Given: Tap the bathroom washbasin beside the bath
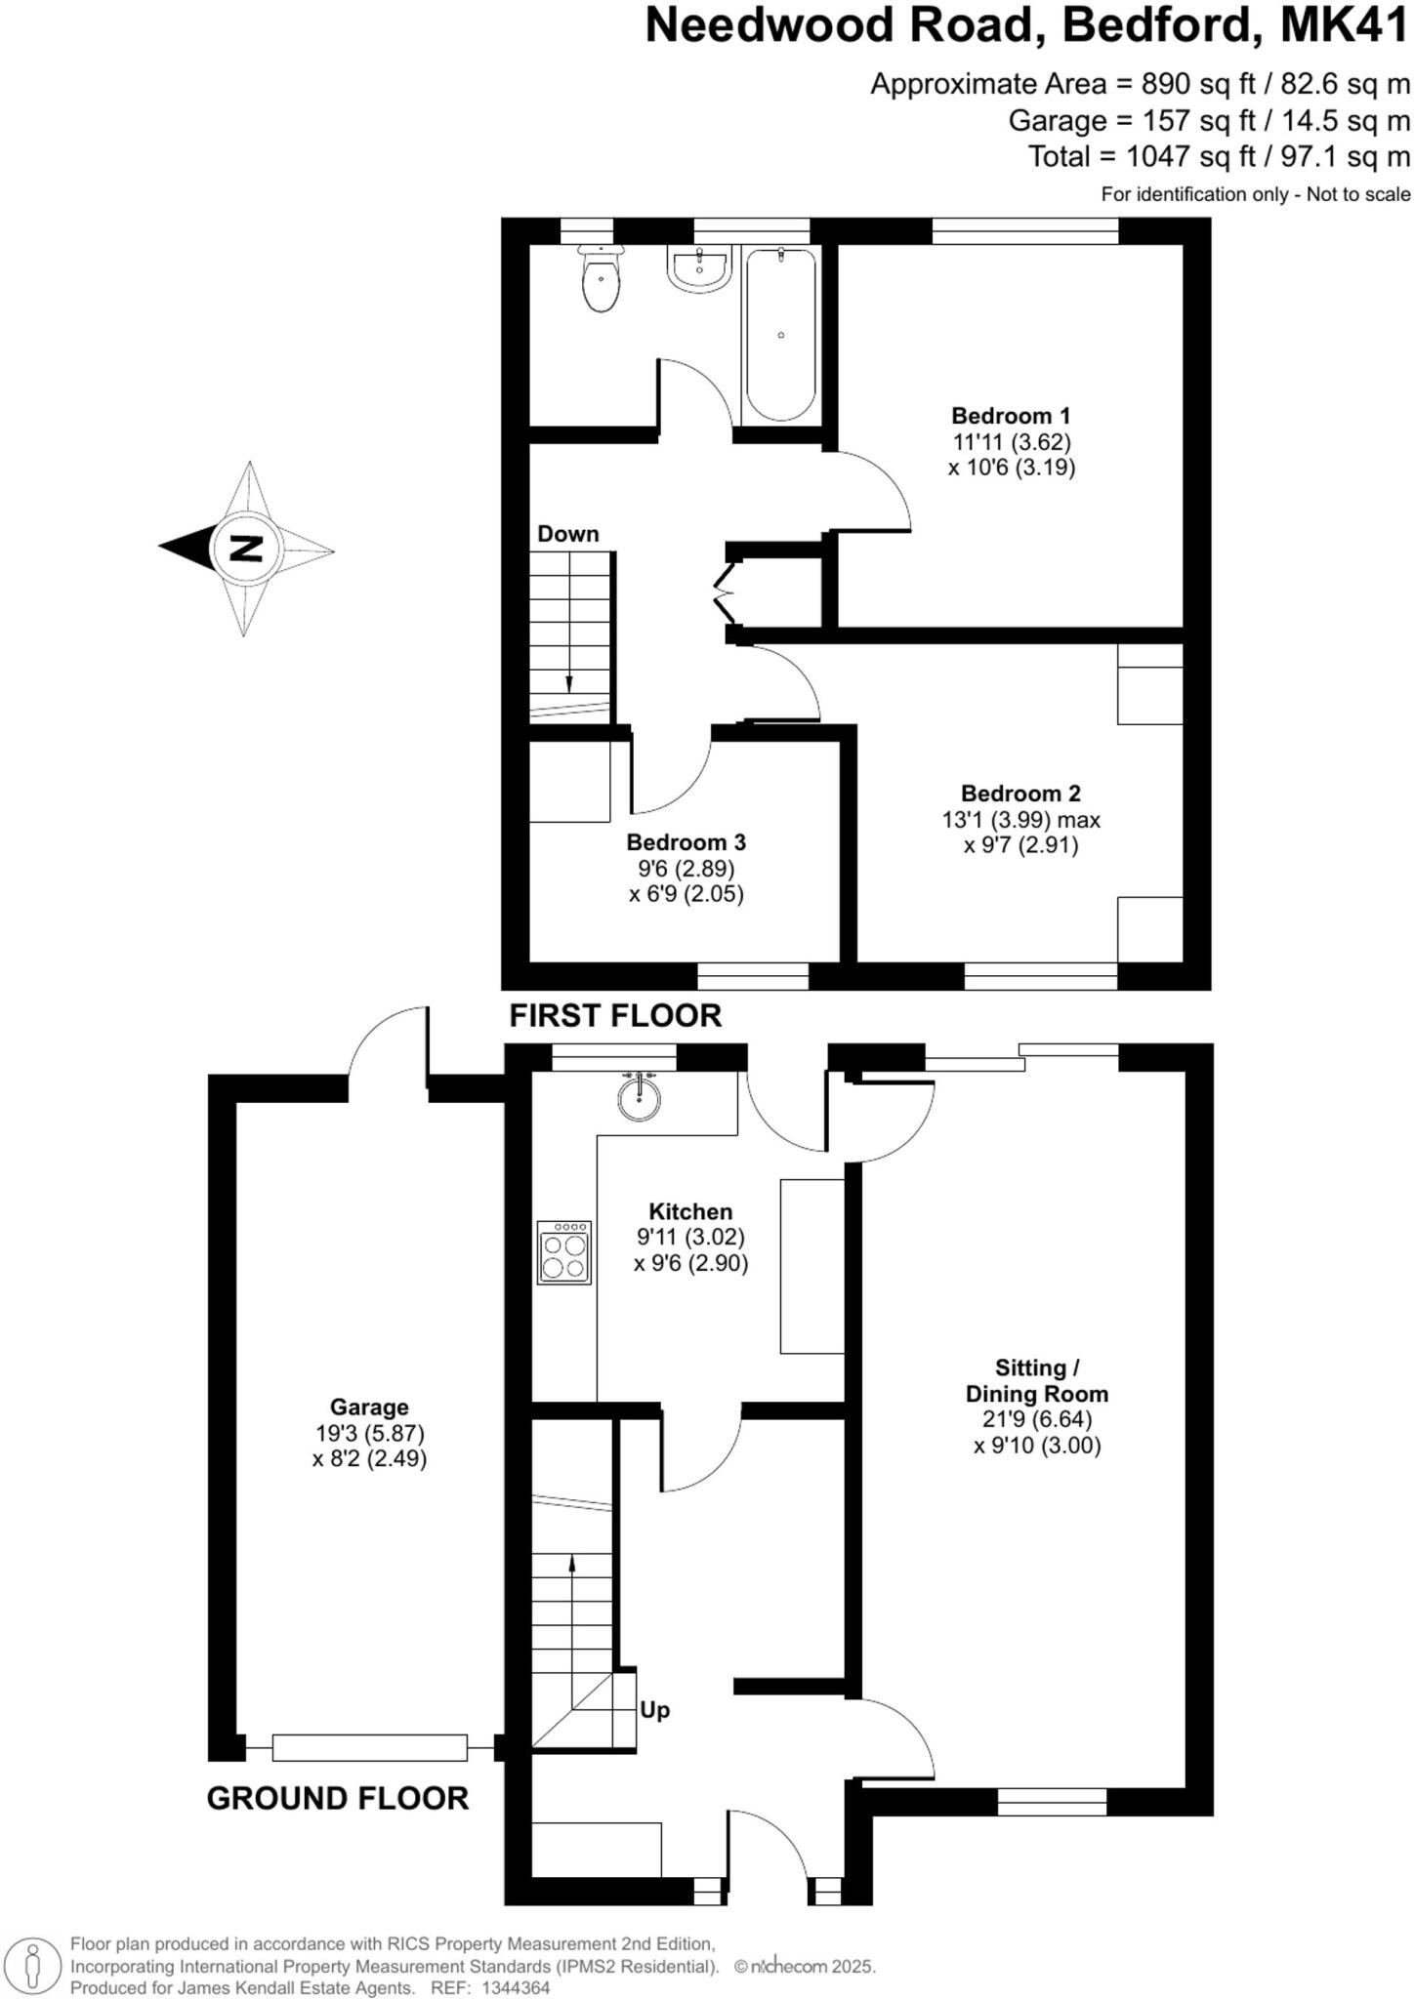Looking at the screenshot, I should click(697, 268).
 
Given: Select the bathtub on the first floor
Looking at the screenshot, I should click(780, 334).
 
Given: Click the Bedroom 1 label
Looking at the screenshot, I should click(1011, 416).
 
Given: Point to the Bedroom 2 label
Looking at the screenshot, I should click(1020, 794).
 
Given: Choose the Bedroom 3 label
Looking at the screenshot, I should click(686, 842).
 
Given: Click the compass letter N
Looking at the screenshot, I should click(246, 549).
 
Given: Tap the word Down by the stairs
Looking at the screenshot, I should click(567, 534).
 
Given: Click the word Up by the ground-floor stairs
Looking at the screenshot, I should click(654, 1710).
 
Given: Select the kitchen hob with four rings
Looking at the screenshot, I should click(564, 1252).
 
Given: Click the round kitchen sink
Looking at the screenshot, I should click(640, 1097).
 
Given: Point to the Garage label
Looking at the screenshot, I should click(369, 1407).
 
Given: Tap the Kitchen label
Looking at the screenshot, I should click(690, 1211).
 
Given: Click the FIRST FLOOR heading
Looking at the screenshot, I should click(615, 1016).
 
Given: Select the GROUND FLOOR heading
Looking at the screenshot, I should click(338, 1798).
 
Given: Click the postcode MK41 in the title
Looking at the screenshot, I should click(1345, 26).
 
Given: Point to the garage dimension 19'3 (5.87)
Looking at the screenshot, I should click(369, 1434).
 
